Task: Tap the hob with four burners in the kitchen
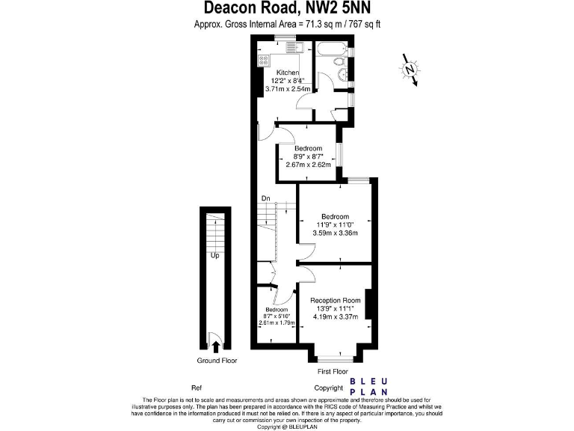click(x=264, y=60)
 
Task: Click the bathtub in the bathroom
click(x=329, y=51)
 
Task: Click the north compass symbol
click(x=410, y=70)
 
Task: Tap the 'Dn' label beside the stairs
click(x=265, y=198)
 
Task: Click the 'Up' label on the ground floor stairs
click(x=215, y=255)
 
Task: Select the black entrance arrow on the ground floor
click(x=216, y=346)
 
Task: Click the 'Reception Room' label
click(x=336, y=301)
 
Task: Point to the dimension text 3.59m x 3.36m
click(x=336, y=233)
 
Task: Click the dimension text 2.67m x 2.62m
click(x=307, y=165)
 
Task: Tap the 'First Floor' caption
click(x=332, y=371)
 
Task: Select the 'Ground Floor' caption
click(x=217, y=361)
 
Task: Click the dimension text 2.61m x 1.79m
click(x=277, y=323)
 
